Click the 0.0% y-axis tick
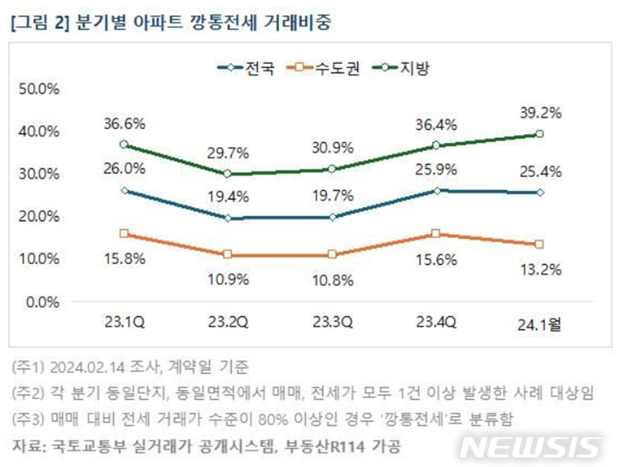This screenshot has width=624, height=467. pos(45,302)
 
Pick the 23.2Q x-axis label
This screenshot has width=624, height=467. pos(227,323)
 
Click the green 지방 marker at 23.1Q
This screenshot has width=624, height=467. pos(123,144)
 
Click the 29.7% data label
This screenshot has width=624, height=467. pos(227,153)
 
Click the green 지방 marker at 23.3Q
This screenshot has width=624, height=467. pos(333,169)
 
